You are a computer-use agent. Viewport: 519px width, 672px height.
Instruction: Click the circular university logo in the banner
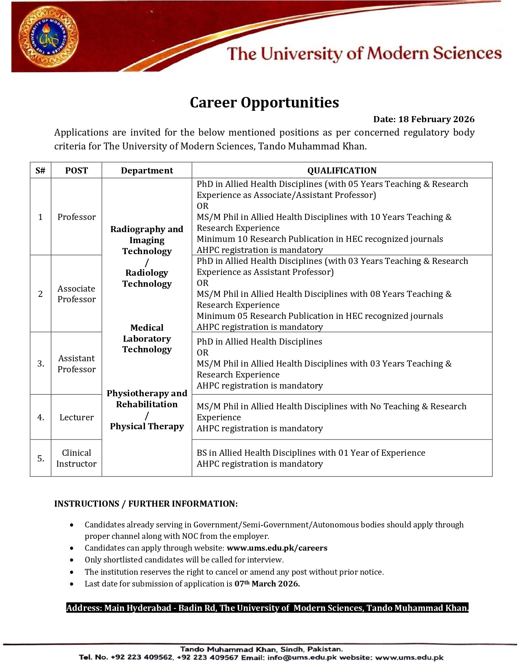[48, 37]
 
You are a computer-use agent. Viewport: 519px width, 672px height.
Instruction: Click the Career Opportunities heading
[264, 103]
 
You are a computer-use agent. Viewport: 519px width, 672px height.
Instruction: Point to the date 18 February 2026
[436, 119]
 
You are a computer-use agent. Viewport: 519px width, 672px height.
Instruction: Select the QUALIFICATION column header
[342, 171]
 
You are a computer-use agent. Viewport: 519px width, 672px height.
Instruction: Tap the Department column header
[147, 171]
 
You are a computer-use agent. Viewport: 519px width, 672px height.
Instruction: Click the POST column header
[76, 171]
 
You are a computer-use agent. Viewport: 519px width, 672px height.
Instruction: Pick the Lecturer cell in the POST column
[76, 417]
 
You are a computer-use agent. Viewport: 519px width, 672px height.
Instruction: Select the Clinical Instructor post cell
[76, 458]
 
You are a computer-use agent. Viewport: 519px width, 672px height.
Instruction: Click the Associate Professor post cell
[76, 294]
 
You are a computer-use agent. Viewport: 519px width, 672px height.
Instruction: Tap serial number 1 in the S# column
[40, 217]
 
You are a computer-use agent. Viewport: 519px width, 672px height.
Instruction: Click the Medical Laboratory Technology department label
[147, 338]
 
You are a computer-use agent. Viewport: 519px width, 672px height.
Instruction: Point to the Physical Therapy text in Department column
[147, 426]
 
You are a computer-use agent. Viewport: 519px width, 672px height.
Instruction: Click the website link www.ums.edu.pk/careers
[277, 548]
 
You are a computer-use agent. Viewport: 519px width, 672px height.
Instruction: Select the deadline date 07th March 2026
[267, 584]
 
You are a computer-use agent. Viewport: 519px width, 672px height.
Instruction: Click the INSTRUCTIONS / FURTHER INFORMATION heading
[146, 504]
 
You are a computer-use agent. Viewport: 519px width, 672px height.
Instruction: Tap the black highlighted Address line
[267, 608]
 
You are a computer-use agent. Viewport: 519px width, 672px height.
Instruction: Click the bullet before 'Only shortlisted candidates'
[72, 560]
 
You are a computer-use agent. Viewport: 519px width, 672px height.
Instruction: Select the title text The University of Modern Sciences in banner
[364, 54]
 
